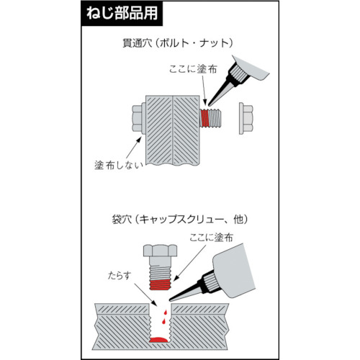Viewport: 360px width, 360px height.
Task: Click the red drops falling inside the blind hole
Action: point(164,318)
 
